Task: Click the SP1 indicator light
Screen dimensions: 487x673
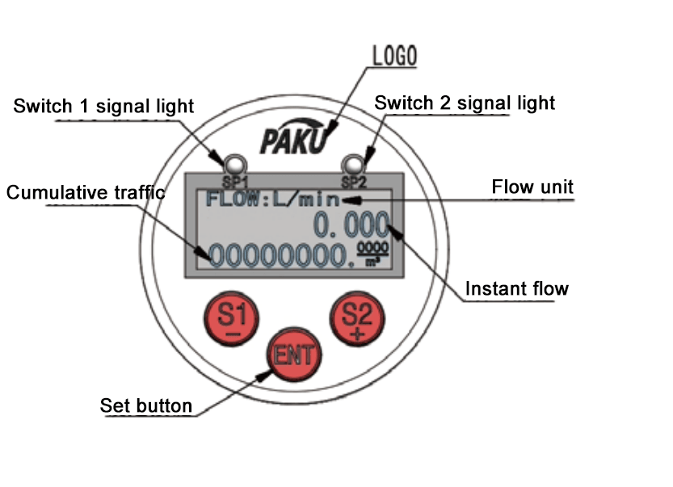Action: click(235, 161)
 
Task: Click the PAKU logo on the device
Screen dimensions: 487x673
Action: click(294, 140)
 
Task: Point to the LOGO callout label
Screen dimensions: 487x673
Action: click(393, 56)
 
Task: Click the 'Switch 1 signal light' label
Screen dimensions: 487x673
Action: click(103, 106)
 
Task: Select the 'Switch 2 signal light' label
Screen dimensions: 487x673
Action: click(465, 103)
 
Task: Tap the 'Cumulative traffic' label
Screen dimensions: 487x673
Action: click(86, 192)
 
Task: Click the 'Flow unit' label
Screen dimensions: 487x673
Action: click(532, 187)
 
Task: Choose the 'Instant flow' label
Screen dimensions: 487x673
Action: click(517, 288)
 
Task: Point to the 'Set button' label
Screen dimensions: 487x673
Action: click(146, 405)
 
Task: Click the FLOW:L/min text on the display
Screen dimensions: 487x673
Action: click(272, 199)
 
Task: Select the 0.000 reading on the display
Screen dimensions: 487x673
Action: click(351, 225)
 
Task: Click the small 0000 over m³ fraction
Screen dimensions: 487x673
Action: click(373, 253)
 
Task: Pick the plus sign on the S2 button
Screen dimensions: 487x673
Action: click(354, 334)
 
